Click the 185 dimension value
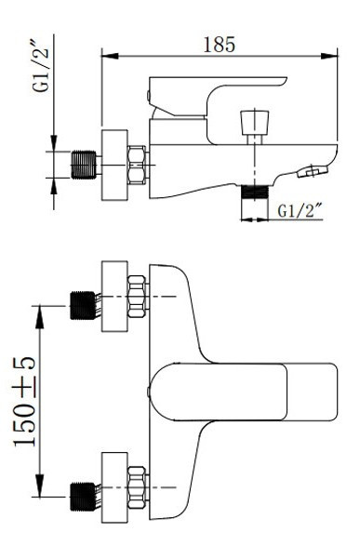pyautogui.click(x=219, y=45)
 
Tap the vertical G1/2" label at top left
pyautogui.click(x=41, y=68)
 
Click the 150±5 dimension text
pyautogui.click(x=25, y=401)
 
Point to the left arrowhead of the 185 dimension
pyautogui.click(x=110, y=56)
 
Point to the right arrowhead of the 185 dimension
pyautogui.click(x=329, y=56)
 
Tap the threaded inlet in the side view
pyautogui.click(x=84, y=165)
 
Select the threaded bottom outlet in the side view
pyautogui.click(x=254, y=192)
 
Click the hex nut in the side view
pyautogui.click(x=137, y=166)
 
